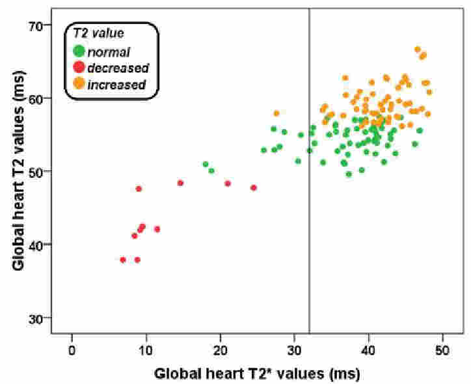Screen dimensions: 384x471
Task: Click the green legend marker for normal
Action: pyautogui.click(x=79, y=51)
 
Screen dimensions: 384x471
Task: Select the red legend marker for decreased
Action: pyautogui.click(x=79, y=67)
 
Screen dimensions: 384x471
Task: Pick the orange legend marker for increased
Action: pyautogui.click(x=79, y=83)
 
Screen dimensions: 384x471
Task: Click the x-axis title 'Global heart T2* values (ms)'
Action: pyautogui.click(x=257, y=374)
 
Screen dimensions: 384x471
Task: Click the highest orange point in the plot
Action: pyautogui.click(x=418, y=49)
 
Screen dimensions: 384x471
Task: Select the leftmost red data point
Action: pyautogui.click(x=123, y=260)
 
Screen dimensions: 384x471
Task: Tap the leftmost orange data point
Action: pyautogui.click(x=276, y=114)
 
